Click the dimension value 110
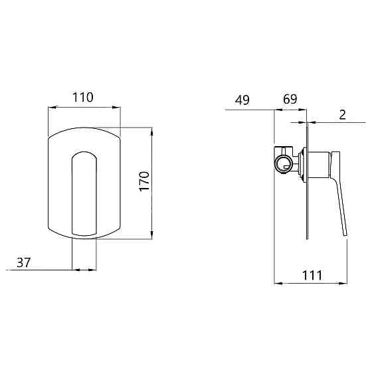click(x=82, y=97)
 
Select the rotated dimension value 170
click(x=145, y=180)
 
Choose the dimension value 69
click(x=290, y=100)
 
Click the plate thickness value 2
click(x=342, y=114)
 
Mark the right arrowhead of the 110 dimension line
click(x=118, y=107)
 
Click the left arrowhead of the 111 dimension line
click(x=277, y=284)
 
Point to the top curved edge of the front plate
click(x=84, y=128)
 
